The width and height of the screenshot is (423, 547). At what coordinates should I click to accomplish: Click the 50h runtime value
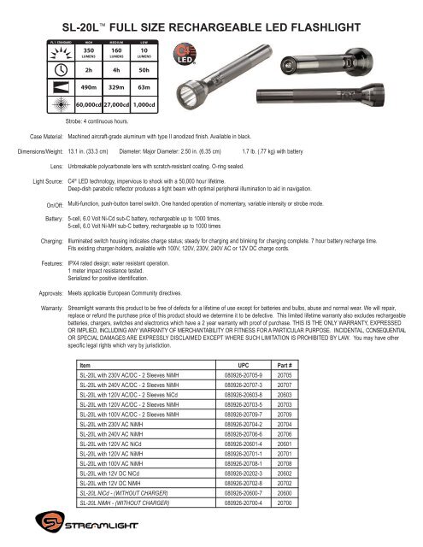[144, 71]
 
